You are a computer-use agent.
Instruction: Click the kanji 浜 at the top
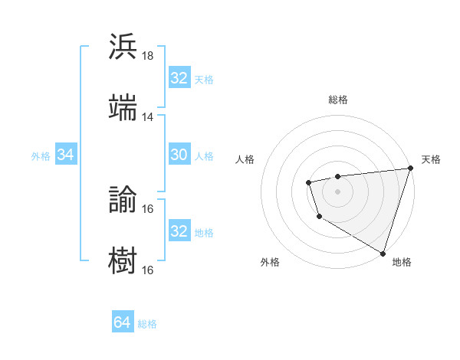tap(123, 46)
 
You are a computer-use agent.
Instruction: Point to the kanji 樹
tap(123, 260)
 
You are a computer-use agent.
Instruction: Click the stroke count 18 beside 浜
tap(148, 56)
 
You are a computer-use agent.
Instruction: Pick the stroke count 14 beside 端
tap(148, 117)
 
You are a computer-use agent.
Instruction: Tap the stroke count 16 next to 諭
tap(148, 208)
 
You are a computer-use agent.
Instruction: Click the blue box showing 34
tap(66, 155)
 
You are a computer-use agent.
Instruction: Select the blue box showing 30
tap(179, 155)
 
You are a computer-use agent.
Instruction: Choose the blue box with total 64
tap(123, 322)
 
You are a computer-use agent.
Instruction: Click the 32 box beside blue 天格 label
tap(179, 78)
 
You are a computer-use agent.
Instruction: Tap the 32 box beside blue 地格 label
tap(179, 231)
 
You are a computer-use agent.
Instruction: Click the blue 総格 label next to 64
tap(147, 324)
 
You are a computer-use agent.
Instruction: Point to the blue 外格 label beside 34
tap(41, 156)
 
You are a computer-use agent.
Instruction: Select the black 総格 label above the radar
tap(338, 100)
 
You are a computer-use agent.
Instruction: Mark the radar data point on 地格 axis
tap(383, 252)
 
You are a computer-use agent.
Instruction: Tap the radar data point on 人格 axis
tap(308, 182)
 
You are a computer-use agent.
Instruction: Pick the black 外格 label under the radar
tap(270, 262)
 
